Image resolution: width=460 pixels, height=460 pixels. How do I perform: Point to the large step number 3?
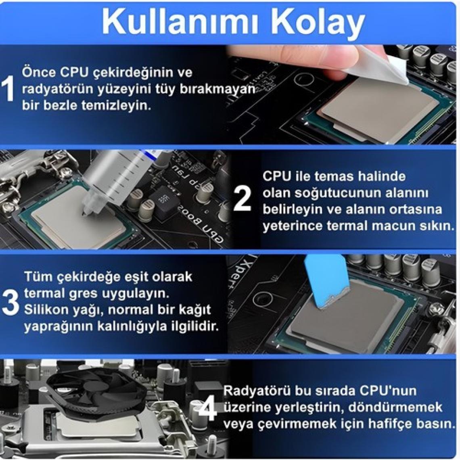click(x=10, y=302)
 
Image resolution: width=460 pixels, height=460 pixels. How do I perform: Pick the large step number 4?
click(x=207, y=408)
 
